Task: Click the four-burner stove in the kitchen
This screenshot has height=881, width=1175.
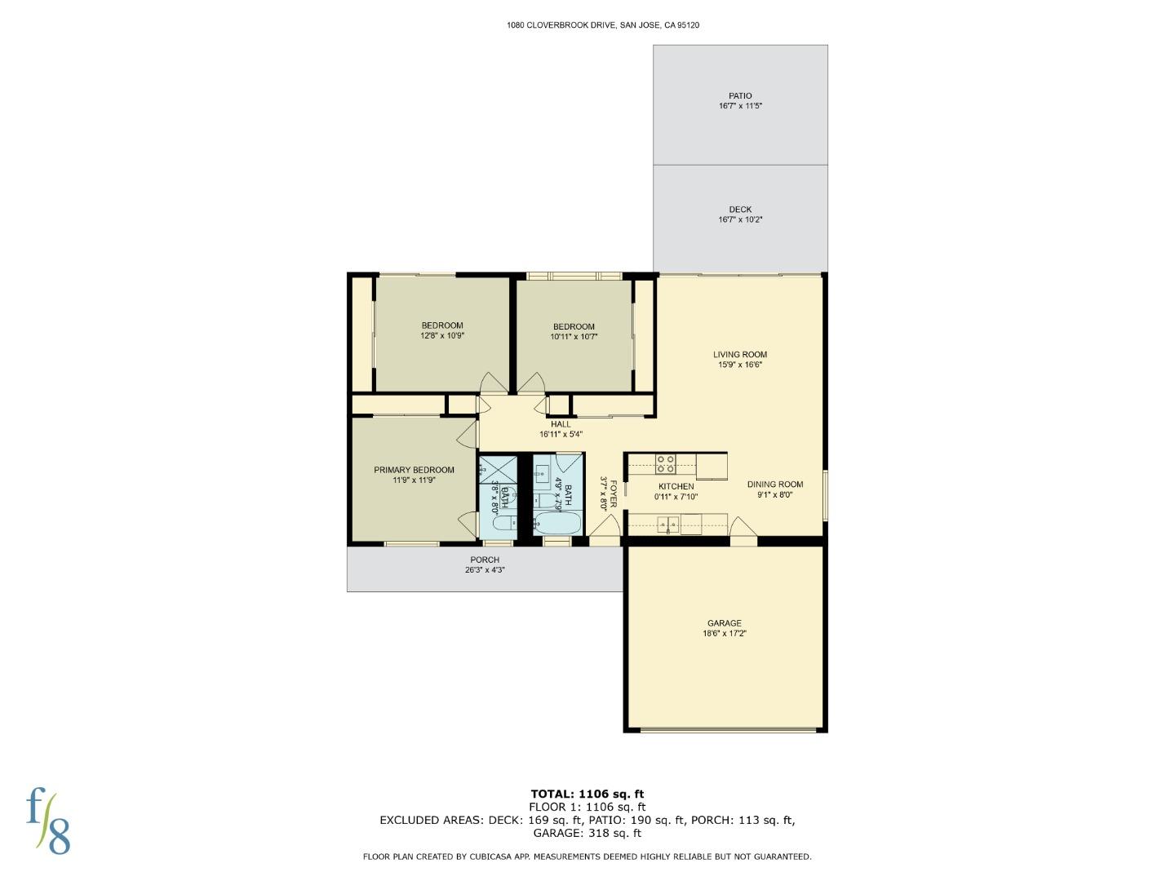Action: point(665,464)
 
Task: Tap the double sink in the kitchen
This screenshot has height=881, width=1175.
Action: point(668,525)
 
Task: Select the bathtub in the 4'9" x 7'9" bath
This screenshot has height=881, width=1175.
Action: point(557,523)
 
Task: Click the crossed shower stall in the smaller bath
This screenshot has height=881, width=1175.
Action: point(498,471)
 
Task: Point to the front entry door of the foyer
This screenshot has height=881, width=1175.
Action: point(605,527)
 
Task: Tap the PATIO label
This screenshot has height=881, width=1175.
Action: point(740,95)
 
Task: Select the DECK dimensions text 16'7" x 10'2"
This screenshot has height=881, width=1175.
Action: point(740,219)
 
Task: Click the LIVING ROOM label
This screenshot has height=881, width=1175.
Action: point(740,354)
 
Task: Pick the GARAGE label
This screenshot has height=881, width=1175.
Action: point(725,623)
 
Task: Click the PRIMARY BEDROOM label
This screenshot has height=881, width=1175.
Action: point(414,470)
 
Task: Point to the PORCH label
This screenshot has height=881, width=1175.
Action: point(485,560)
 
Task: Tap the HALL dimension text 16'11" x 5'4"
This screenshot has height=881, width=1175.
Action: point(561,434)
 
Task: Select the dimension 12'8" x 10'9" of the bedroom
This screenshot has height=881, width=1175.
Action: point(442,336)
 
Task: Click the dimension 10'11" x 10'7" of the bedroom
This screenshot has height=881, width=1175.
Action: point(574,337)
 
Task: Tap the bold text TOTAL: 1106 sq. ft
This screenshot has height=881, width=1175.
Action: point(587,795)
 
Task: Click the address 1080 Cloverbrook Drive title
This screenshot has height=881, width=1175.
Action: point(603,25)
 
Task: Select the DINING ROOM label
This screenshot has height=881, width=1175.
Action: point(775,485)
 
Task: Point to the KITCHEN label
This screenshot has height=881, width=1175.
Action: point(676,487)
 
